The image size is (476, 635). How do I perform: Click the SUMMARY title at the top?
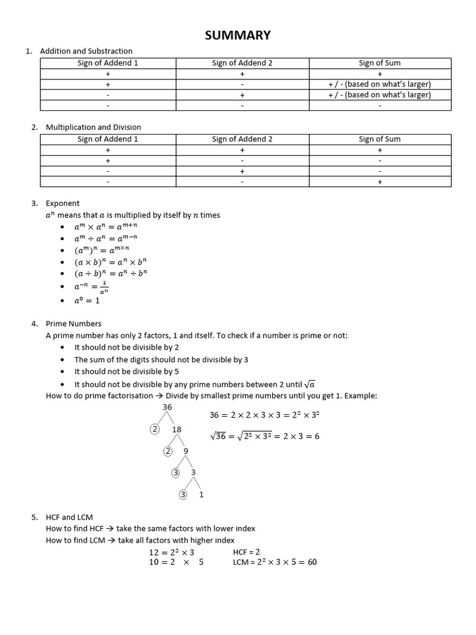(x=238, y=35)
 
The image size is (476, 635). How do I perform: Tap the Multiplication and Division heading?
(x=94, y=127)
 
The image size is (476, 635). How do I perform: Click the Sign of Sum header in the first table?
(x=379, y=63)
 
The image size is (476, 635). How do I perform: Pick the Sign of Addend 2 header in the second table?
(x=242, y=139)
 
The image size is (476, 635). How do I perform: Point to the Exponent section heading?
(x=63, y=203)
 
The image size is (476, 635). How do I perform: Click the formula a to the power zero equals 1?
(x=87, y=300)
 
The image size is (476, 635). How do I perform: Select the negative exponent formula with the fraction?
(x=92, y=286)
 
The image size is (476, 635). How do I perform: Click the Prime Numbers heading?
(x=74, y=324)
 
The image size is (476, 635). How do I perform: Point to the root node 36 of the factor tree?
(x=167, y=407)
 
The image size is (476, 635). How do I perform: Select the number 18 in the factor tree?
(x=177, y=430)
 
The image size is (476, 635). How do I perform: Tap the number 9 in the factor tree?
(x=186, y=451)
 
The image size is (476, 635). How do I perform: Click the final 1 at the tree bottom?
(x=201, y=495)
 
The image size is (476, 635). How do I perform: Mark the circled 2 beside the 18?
(x=155, y=430)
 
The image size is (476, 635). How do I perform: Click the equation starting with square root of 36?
(x=265, y=436)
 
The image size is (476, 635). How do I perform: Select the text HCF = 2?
(x=247, y=551)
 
